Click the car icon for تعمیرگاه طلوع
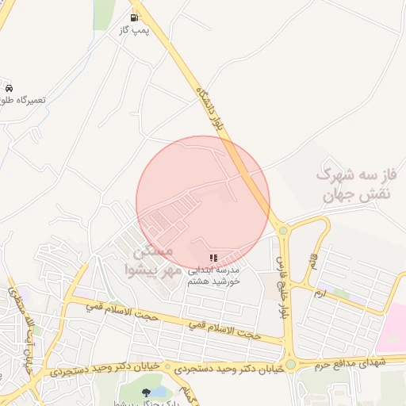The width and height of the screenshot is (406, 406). pyautogui.click(x=9, y=87)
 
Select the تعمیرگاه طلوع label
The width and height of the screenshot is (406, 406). pyautogui.click(x=24, y=100)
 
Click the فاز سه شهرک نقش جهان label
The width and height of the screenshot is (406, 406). pyautogui.click(x=356, y=182)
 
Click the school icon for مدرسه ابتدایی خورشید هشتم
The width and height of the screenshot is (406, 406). pyautogui.click(x=213, y=259)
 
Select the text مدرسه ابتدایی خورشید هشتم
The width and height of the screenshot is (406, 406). pyautogui.click(x=214, y=275)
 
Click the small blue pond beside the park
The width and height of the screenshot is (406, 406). pyautogui.click(x=159, y=391)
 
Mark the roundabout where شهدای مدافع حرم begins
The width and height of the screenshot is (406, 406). pyautogui.click(x=291, y=364)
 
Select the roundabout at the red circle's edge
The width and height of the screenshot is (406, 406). pyautogui.click(x=283, y=231)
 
